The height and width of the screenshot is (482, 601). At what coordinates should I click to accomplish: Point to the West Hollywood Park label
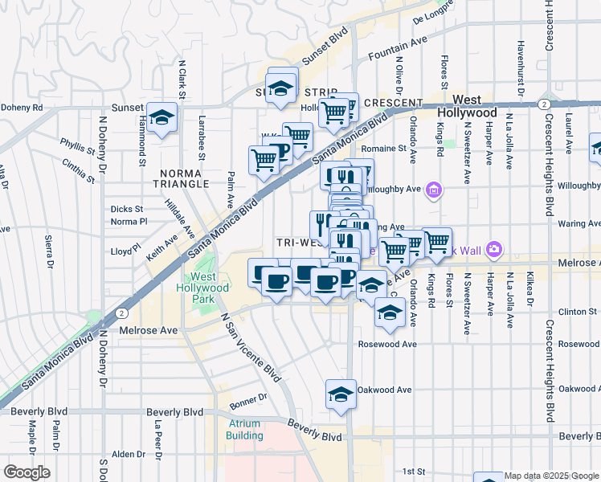click(202, 288)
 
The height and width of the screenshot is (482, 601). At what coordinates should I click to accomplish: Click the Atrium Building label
click(244, 430)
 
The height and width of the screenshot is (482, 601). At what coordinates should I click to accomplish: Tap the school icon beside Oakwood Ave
click(341, 394)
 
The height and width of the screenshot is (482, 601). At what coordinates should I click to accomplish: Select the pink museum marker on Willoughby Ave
click(434, 190)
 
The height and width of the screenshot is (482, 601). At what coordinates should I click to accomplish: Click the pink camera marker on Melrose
click(493, 251)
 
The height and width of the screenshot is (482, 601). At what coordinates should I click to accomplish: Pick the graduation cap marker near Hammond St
click(162, 118)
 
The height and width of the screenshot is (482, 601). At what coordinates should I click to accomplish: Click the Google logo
click(27, 472)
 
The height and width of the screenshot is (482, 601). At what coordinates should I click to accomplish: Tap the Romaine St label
click(382, 149)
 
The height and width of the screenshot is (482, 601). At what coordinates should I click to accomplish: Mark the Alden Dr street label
click(129, 455)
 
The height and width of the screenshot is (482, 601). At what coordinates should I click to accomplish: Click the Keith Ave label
click(162, 247)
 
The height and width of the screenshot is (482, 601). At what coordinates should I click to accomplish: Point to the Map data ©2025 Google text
click(551, 476)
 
